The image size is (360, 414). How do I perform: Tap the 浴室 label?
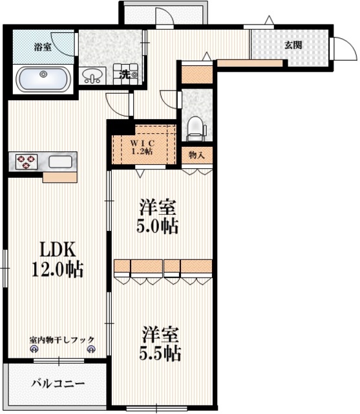(43, 46)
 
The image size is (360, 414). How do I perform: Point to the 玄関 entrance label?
(293, 45)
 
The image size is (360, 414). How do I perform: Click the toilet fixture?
(195, 127)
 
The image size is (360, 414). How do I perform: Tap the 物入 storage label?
(197, 155)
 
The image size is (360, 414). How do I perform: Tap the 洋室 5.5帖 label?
(161, 345)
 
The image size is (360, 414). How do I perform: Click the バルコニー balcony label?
(58, 384)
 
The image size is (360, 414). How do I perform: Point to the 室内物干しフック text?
(61, 339)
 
